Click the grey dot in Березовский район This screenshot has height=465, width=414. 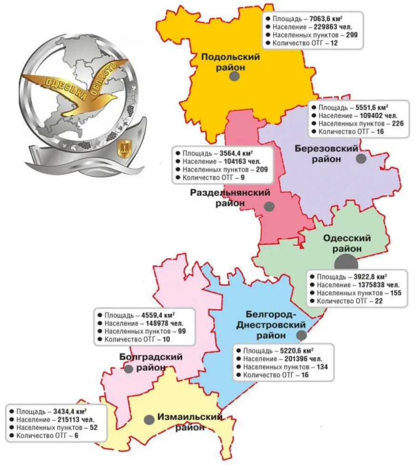click(362, 159)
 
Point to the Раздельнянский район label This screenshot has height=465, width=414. click(230, 198)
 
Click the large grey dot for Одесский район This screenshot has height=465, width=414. click(346, 263)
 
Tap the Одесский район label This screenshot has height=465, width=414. click(347, 243)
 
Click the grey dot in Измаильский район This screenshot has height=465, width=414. click(149, 420)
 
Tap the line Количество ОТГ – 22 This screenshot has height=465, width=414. click(346, 301)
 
